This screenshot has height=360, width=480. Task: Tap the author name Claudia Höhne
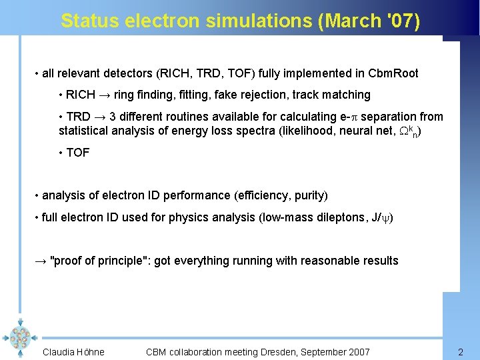click(x=73, y=352)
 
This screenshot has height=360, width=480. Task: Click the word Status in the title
click(x=84, y=21)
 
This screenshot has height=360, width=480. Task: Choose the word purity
click(x=307, y=195)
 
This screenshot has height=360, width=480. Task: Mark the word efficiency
click(x=262, y=195)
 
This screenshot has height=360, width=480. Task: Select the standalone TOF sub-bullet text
click(x=78, y=153)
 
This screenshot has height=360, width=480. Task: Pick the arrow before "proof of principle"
click(x=40, y=261)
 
